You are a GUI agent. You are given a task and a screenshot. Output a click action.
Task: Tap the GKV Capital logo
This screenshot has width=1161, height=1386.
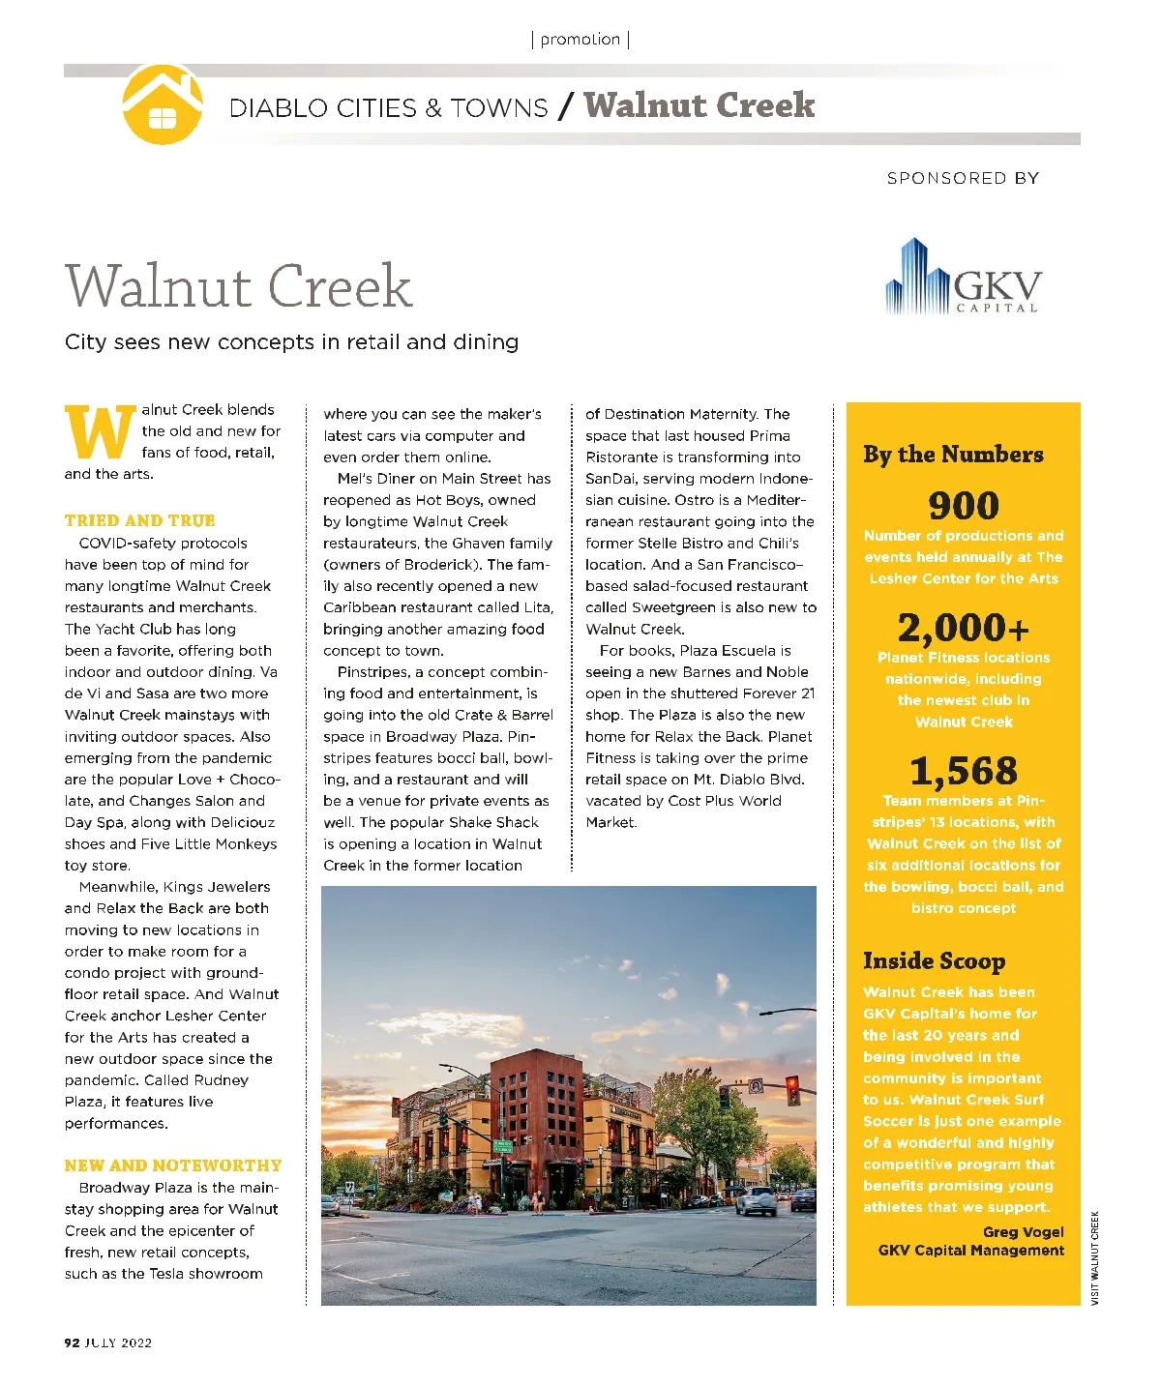point(963,278)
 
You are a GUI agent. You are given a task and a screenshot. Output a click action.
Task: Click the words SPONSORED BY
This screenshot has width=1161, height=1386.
point(963,178)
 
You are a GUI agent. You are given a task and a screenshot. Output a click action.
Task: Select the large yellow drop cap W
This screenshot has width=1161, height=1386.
point(100,432)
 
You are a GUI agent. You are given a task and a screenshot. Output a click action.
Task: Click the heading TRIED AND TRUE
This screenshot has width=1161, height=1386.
point(140,520)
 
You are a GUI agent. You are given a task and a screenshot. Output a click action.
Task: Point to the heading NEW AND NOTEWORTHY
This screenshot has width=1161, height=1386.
point(173,1165)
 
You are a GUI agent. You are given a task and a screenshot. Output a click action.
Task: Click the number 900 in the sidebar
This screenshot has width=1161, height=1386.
point(963,506)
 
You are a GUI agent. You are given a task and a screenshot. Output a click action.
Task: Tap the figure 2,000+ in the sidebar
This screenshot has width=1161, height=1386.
point(963,629)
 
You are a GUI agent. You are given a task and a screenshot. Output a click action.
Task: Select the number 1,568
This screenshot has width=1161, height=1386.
point(963,771)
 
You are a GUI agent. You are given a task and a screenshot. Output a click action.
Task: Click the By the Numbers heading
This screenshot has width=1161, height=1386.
point(953,455)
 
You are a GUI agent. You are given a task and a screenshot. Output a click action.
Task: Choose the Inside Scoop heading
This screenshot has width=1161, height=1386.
point(934,960)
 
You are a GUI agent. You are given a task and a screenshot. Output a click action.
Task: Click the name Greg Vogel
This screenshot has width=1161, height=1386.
point(1023,1231)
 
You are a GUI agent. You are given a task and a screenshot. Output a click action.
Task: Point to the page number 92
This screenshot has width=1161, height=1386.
point(72,1342)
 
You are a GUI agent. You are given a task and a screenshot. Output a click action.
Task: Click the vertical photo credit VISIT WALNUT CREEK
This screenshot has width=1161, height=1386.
point(1095,1257)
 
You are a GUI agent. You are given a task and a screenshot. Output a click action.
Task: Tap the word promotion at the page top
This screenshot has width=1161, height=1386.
point(580,40)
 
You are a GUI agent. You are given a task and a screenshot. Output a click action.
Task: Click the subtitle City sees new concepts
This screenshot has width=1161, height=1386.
point(291,342)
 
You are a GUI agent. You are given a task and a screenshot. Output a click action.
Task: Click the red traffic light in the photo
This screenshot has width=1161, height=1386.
point(793,1089)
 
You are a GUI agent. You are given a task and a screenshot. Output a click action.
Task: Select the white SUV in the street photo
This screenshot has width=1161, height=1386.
point(757,1200)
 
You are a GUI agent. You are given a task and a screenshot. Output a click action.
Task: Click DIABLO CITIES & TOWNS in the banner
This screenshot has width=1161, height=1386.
point(388,107)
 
